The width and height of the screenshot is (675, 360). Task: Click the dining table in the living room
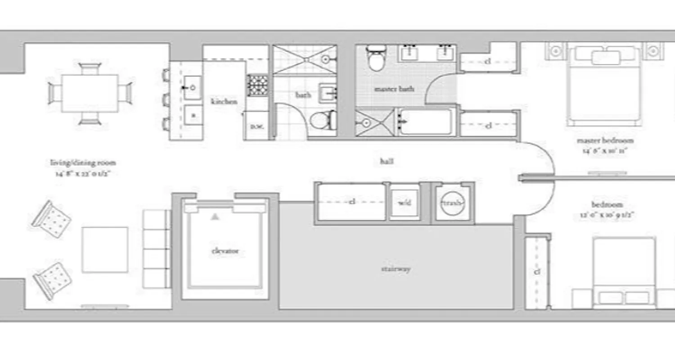click(x=90, y=93)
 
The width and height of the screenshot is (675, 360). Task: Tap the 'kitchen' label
click(x=224, y=102)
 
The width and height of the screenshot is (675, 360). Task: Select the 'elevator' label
click(x=225, y=251)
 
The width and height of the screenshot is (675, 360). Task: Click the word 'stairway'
click(x=396, y=269)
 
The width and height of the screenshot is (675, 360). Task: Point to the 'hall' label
click(x=387, y=161)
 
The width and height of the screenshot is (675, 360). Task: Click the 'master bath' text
click(x=394, y=89)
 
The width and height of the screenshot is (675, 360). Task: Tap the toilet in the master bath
click(x=374, y=58)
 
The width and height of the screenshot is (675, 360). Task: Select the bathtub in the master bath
click(x=426, y=122)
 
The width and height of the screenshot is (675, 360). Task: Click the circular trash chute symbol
click(x=452, y=203)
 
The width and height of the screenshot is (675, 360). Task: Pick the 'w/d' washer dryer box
click(x=404, y=203)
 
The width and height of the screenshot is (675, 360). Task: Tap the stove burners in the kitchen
click(x=257, y=85)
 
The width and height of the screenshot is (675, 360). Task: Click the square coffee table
click(x=105, y=250)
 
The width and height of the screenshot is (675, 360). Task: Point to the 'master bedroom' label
click(x=605, y=140)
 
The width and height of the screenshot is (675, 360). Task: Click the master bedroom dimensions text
click(x=605, y=151)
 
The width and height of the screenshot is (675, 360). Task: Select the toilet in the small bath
click(x=322, y=120)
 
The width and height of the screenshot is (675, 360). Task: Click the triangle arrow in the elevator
click(x=216, y=217)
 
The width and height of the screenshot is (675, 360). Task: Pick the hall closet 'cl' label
click(x=352, y=202)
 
